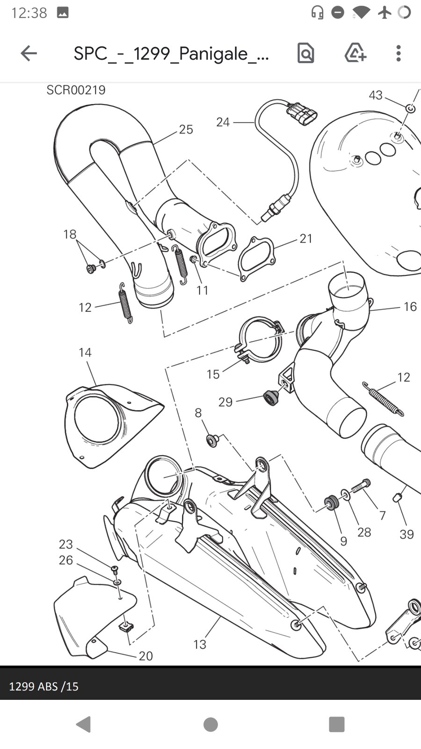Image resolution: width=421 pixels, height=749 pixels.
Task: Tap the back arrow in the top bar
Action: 29,53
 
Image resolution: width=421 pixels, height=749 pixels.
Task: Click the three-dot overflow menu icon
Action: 398,53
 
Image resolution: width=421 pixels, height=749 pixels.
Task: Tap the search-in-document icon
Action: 305,53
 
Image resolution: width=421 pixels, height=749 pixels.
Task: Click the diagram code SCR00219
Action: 76,90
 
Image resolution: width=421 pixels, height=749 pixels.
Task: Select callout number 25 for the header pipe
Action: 186,129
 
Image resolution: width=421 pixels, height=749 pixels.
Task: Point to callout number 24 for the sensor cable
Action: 223,122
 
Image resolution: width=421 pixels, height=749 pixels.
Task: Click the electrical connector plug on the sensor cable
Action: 301,114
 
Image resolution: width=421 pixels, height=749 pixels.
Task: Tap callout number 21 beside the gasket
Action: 306,238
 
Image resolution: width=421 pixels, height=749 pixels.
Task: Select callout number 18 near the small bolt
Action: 70,234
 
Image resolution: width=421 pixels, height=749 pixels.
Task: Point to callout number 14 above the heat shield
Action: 85,352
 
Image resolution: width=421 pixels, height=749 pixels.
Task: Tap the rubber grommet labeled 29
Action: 270,397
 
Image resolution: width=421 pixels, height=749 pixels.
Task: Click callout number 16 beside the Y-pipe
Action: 410,307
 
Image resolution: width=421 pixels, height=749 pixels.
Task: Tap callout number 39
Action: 406,534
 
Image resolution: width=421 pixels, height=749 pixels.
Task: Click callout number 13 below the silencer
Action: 200,644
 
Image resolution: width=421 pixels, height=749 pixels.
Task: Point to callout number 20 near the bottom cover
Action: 146,656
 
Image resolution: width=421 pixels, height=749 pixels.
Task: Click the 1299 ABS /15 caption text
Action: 44,686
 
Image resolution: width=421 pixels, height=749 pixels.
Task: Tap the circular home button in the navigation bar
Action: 210,725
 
